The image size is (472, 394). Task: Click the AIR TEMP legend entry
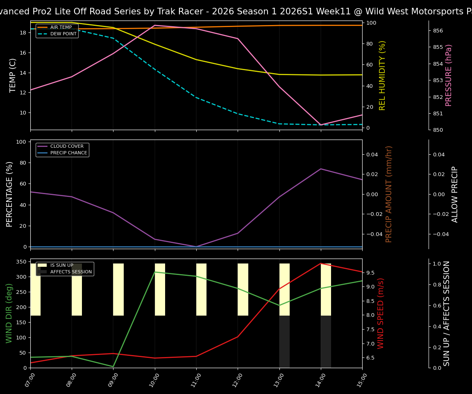[61, 27]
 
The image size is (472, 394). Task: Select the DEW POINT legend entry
[63, 34]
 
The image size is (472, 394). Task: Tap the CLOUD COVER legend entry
[67, 147]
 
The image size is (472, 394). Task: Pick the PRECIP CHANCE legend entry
[68, 153]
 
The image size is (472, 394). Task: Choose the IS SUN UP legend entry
[61, 266]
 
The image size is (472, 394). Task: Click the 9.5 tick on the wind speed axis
[370, 273]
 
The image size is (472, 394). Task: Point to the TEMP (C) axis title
[13, 75]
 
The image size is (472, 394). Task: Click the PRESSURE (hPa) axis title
[449, 75]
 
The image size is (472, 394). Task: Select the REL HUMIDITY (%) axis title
[382, 75]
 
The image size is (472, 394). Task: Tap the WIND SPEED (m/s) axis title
[381, 313]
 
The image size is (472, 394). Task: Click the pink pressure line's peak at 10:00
[155, 25]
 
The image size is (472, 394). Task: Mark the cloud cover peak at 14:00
[321, 169]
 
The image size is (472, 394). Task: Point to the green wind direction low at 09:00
[113, 367]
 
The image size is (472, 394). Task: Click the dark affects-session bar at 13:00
[284, 341]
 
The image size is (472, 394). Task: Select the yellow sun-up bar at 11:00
[201, 289]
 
